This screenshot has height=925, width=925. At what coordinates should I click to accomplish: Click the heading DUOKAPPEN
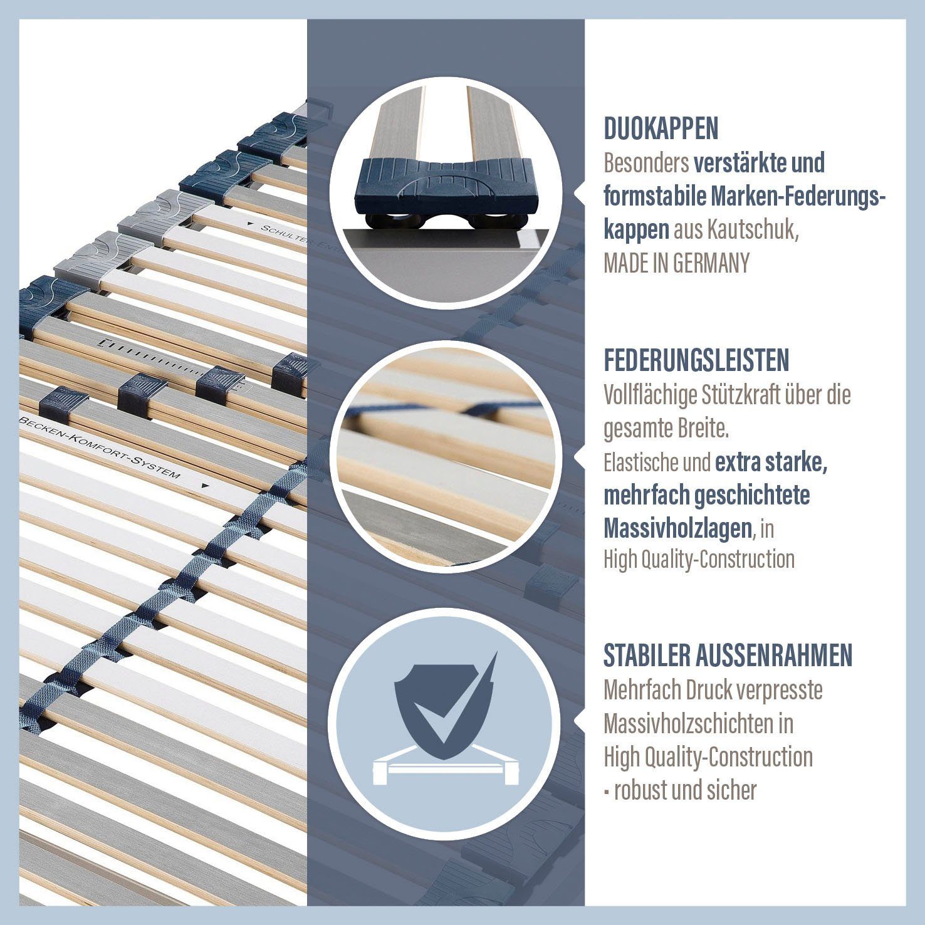661,128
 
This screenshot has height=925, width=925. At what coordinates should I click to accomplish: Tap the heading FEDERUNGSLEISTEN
696,360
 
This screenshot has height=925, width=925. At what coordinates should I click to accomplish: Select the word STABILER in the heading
645,655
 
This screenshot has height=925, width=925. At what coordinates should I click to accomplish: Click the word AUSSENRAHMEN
773,655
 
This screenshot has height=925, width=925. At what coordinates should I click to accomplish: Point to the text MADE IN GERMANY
676,263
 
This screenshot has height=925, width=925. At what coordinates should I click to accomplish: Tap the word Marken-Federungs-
798,197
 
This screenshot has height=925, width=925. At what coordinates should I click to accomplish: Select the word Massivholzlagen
677,528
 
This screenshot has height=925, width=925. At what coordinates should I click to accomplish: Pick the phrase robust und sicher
685,790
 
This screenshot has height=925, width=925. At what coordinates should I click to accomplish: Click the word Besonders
645,163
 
